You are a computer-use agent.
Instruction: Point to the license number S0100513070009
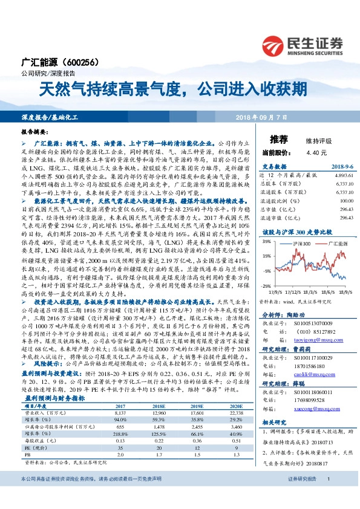coord(309,323)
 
